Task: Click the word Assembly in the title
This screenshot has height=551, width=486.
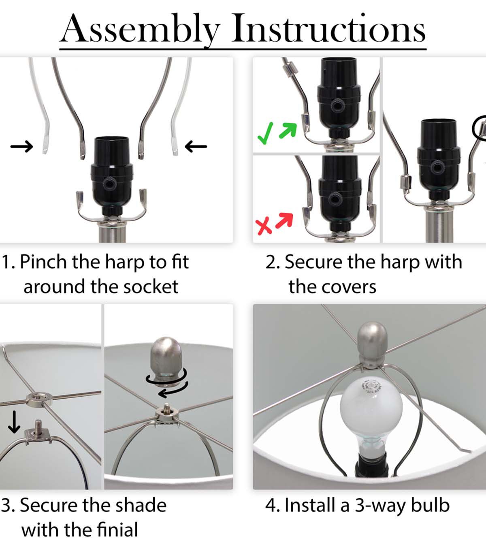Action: tap(140, 30)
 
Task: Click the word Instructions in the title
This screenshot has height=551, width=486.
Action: tap(328, 28)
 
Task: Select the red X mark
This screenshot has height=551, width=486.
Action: tap(263, 225)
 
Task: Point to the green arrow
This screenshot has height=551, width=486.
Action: tap(288, 130)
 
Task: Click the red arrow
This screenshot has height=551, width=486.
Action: tap(284, 220)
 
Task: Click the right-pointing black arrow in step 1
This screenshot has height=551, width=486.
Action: tap(22, 147)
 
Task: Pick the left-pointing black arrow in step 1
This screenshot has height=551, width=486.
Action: tap(196, 147)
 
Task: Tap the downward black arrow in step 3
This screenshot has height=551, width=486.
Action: tap(14, 422)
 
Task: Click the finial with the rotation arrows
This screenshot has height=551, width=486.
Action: tap(166, 361)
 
